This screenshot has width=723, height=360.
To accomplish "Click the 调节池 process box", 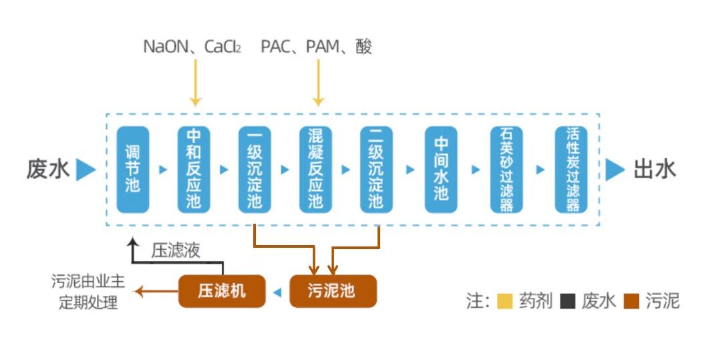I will (132, 170).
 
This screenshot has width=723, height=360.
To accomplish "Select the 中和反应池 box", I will (194, 170).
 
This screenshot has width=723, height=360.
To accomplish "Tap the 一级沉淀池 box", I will (255, 170).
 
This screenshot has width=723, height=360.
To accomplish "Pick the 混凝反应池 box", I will (316, 170).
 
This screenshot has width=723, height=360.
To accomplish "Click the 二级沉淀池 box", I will (376, 170).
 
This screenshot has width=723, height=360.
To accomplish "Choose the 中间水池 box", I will (441, 170).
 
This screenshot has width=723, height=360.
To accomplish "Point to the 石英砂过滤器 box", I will (507, 170).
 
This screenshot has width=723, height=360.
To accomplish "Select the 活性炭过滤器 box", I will (571, 170).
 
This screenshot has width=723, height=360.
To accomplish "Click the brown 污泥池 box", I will (333, 291).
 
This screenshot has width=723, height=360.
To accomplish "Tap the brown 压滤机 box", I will (222, 291).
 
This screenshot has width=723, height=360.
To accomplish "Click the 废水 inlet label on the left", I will (48, 170).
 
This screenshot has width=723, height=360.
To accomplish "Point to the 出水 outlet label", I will (654, 170).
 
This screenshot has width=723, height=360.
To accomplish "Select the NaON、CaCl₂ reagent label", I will (192, 47).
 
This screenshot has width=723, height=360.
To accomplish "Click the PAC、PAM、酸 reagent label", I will (316, 47).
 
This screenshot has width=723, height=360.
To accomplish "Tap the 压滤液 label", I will (175, 250).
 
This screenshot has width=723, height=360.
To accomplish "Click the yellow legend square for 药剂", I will (504, 301).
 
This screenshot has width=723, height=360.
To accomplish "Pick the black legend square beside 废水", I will (567, 301).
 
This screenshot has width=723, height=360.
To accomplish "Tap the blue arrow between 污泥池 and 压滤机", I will (277, 292).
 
